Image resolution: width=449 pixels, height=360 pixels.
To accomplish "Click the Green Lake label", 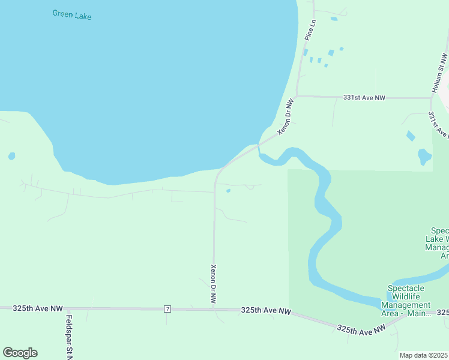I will coord(71,14).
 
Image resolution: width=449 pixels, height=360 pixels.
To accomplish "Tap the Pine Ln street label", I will coord(310,31).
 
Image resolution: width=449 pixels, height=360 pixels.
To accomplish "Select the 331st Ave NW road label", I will coord(364,97).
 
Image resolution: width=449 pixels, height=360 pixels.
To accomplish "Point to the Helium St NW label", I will coord(439,73).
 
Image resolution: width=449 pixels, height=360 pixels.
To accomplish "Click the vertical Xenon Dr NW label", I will coord(213,283).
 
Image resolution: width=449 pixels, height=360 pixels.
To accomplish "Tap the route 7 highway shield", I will coord(167,309).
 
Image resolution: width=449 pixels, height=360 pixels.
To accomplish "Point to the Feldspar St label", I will coord(69,336).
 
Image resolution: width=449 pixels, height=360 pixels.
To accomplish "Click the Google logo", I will coord(20,353).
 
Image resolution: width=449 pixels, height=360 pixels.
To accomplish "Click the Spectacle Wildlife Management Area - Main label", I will coord(406,301).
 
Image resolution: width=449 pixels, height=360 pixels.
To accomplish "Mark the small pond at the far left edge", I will coord(11,157).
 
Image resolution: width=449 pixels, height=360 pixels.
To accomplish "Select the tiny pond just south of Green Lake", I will coord(228,191).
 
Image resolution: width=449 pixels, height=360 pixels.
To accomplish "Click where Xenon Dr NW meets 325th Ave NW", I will coord(214,310).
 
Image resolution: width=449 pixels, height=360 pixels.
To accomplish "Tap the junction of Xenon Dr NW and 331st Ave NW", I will coord(296,96).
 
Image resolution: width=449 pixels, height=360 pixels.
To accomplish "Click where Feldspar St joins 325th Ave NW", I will coord(69,309).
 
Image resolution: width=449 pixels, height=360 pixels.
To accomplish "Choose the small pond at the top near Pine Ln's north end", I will coord(334,19).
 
